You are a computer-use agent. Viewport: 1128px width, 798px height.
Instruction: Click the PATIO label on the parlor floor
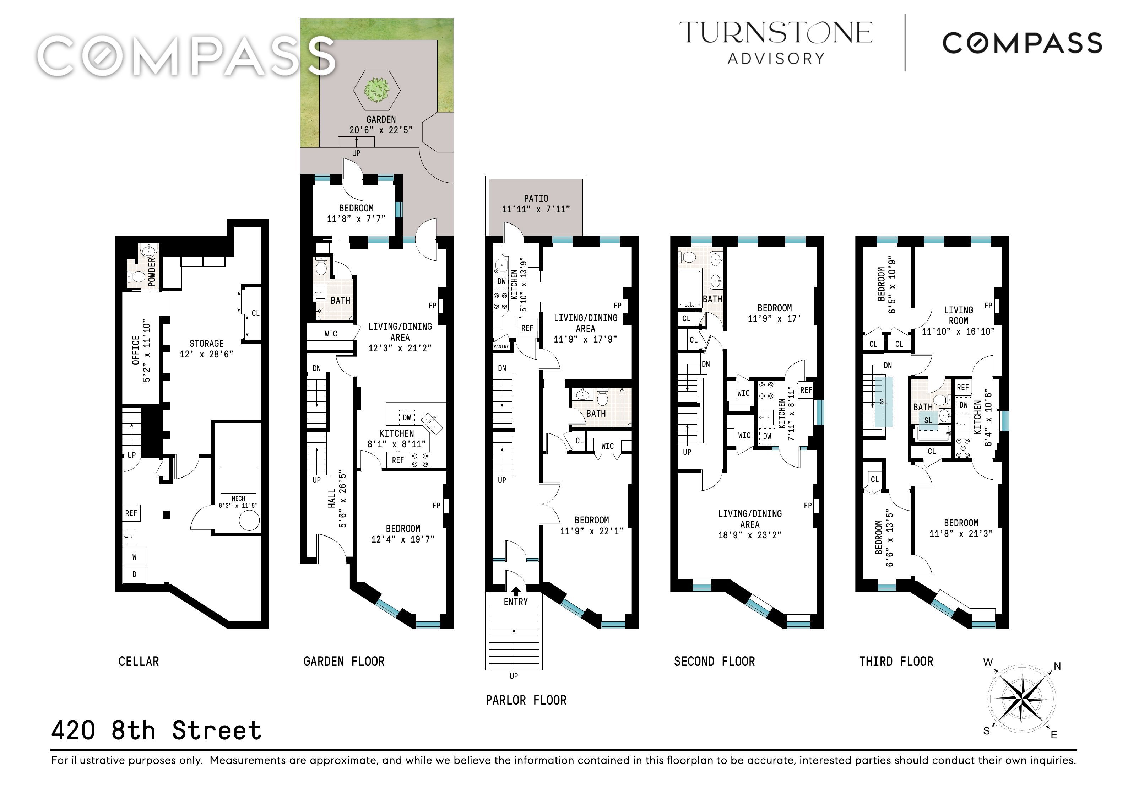pyautogui.click(x=536, y=199)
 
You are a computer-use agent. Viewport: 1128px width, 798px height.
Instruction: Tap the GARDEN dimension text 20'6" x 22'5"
pyautogui.click(x=381, y=130)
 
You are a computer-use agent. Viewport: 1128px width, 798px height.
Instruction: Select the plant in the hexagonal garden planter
pyautogui.click(x=377, y=90)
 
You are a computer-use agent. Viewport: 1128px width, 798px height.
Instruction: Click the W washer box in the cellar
pyautogui.click(x=134, y=557)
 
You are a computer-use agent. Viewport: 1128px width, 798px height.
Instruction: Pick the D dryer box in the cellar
pyautogui.click(x=134, y=574)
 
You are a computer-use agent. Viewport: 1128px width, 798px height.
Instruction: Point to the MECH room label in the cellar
pyautogui.click(x=238, y=498)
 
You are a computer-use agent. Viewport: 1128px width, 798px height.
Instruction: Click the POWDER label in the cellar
pyautogui.click(x=151, y=272)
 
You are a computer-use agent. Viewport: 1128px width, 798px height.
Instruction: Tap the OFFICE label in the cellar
pyautogui.click(x=136, y=350)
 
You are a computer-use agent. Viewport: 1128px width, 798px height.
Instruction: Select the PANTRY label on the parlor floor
pyautogui.click(x=501, y=346)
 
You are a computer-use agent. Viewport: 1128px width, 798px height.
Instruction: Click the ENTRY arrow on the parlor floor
pyautogui.click(x=515, y=592)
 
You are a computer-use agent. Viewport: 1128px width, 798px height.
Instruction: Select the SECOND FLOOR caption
pyautogui.click(x=714, y=662)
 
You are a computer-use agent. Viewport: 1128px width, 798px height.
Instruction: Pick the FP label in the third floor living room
pyautogui.click(x=988, y=306)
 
